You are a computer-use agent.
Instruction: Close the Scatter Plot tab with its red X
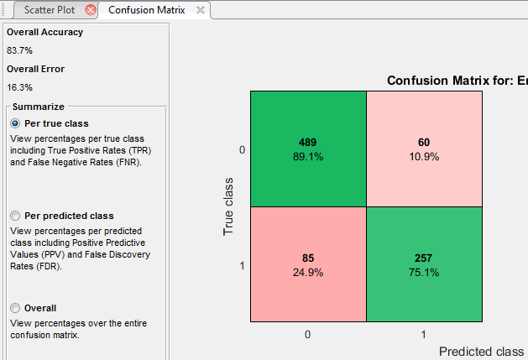(91, 10)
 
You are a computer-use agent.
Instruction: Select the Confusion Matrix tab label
(147, 10)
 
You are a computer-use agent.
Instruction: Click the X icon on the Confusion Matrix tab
(200, 10)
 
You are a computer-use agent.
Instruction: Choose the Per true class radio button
(14, 123)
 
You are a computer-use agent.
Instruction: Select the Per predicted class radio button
(14, 216)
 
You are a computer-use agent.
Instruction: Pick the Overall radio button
(14, 308)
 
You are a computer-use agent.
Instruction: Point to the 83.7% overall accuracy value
(19, 50)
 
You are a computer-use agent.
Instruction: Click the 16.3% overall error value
(19, 87)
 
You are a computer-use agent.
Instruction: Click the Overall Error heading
(35, 69)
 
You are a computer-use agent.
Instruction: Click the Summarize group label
(39, 107)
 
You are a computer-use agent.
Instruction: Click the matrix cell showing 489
(308, 148)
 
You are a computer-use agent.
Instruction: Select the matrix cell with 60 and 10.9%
(423, 148)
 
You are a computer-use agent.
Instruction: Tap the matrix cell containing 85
(308, 263)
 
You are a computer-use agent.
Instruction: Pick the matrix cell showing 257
(423, 263)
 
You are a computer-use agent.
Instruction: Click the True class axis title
(228, 206)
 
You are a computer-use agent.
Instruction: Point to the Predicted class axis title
(482, 351)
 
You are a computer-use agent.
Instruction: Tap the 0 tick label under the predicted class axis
(308, 334)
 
